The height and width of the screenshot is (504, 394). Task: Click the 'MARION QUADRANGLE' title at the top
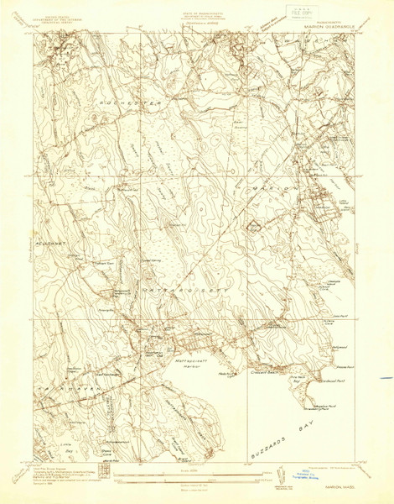(x=320, y=24)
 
